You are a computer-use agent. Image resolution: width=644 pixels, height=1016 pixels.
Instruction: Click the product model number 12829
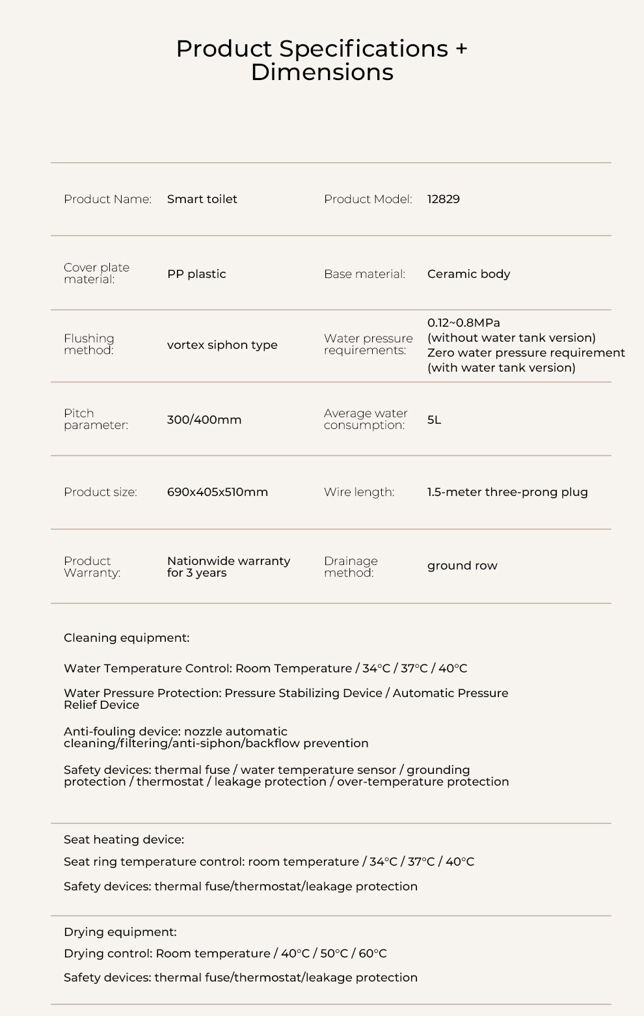pyautogui.click(x=443, y=199)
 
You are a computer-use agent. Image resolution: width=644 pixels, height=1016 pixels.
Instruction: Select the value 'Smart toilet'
pyautogui.click(x=202, y=199)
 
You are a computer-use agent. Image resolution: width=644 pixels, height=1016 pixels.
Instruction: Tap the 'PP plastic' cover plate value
pyautogui.click(x=196, y=274)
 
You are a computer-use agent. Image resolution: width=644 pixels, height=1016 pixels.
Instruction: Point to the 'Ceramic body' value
pyautogui.click(x=468, y=274)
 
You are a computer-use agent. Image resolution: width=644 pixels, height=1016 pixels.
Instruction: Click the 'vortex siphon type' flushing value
pyautogui.click(x=222, y=345)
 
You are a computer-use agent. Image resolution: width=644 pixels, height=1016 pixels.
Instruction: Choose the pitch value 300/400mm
pyautogui.click(x=204, y=420)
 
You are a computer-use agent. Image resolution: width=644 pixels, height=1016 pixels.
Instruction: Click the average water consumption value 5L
pyautogui.click(x=434, y=420)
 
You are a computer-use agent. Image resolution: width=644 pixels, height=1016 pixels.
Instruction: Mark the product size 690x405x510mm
pyautogui.click(x=217, y=492)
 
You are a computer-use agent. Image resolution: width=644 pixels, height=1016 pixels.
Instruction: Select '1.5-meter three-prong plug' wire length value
pyautogui.click(x=507, y=492)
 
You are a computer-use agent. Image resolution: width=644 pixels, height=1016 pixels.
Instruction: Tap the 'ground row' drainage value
pyautogui.click(x=462, y=566)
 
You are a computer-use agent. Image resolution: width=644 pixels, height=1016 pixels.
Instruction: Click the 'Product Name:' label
pyautogui.click(x=107, y=199)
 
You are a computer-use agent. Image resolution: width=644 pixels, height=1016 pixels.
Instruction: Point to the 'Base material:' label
pyautogui.click(x=364, y=274)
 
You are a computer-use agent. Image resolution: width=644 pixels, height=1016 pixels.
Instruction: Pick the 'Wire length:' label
pyautogui.click(x=359, y=492)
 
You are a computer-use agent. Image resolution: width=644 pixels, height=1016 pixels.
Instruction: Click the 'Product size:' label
pyautogui.click(x=100, y=492)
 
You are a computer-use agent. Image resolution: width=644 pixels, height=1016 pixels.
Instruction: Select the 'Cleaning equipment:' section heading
pyautogui.click(x=126, y=638)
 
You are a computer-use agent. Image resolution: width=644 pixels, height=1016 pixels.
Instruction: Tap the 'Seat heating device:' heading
pyautogui.click(x=124, y=840)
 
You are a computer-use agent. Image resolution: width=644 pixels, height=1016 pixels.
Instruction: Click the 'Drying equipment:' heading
pyautogui.click(x=120, y=932)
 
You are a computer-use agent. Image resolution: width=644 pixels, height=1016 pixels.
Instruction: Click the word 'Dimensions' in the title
pyautogui.click(x=322, y=72)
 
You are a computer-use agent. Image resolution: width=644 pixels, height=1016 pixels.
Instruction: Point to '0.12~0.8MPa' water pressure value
pyautogui.click(x=463, y=323)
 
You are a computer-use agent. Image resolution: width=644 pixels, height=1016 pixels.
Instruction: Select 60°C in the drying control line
pyautogui.click(x=373, y=954)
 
